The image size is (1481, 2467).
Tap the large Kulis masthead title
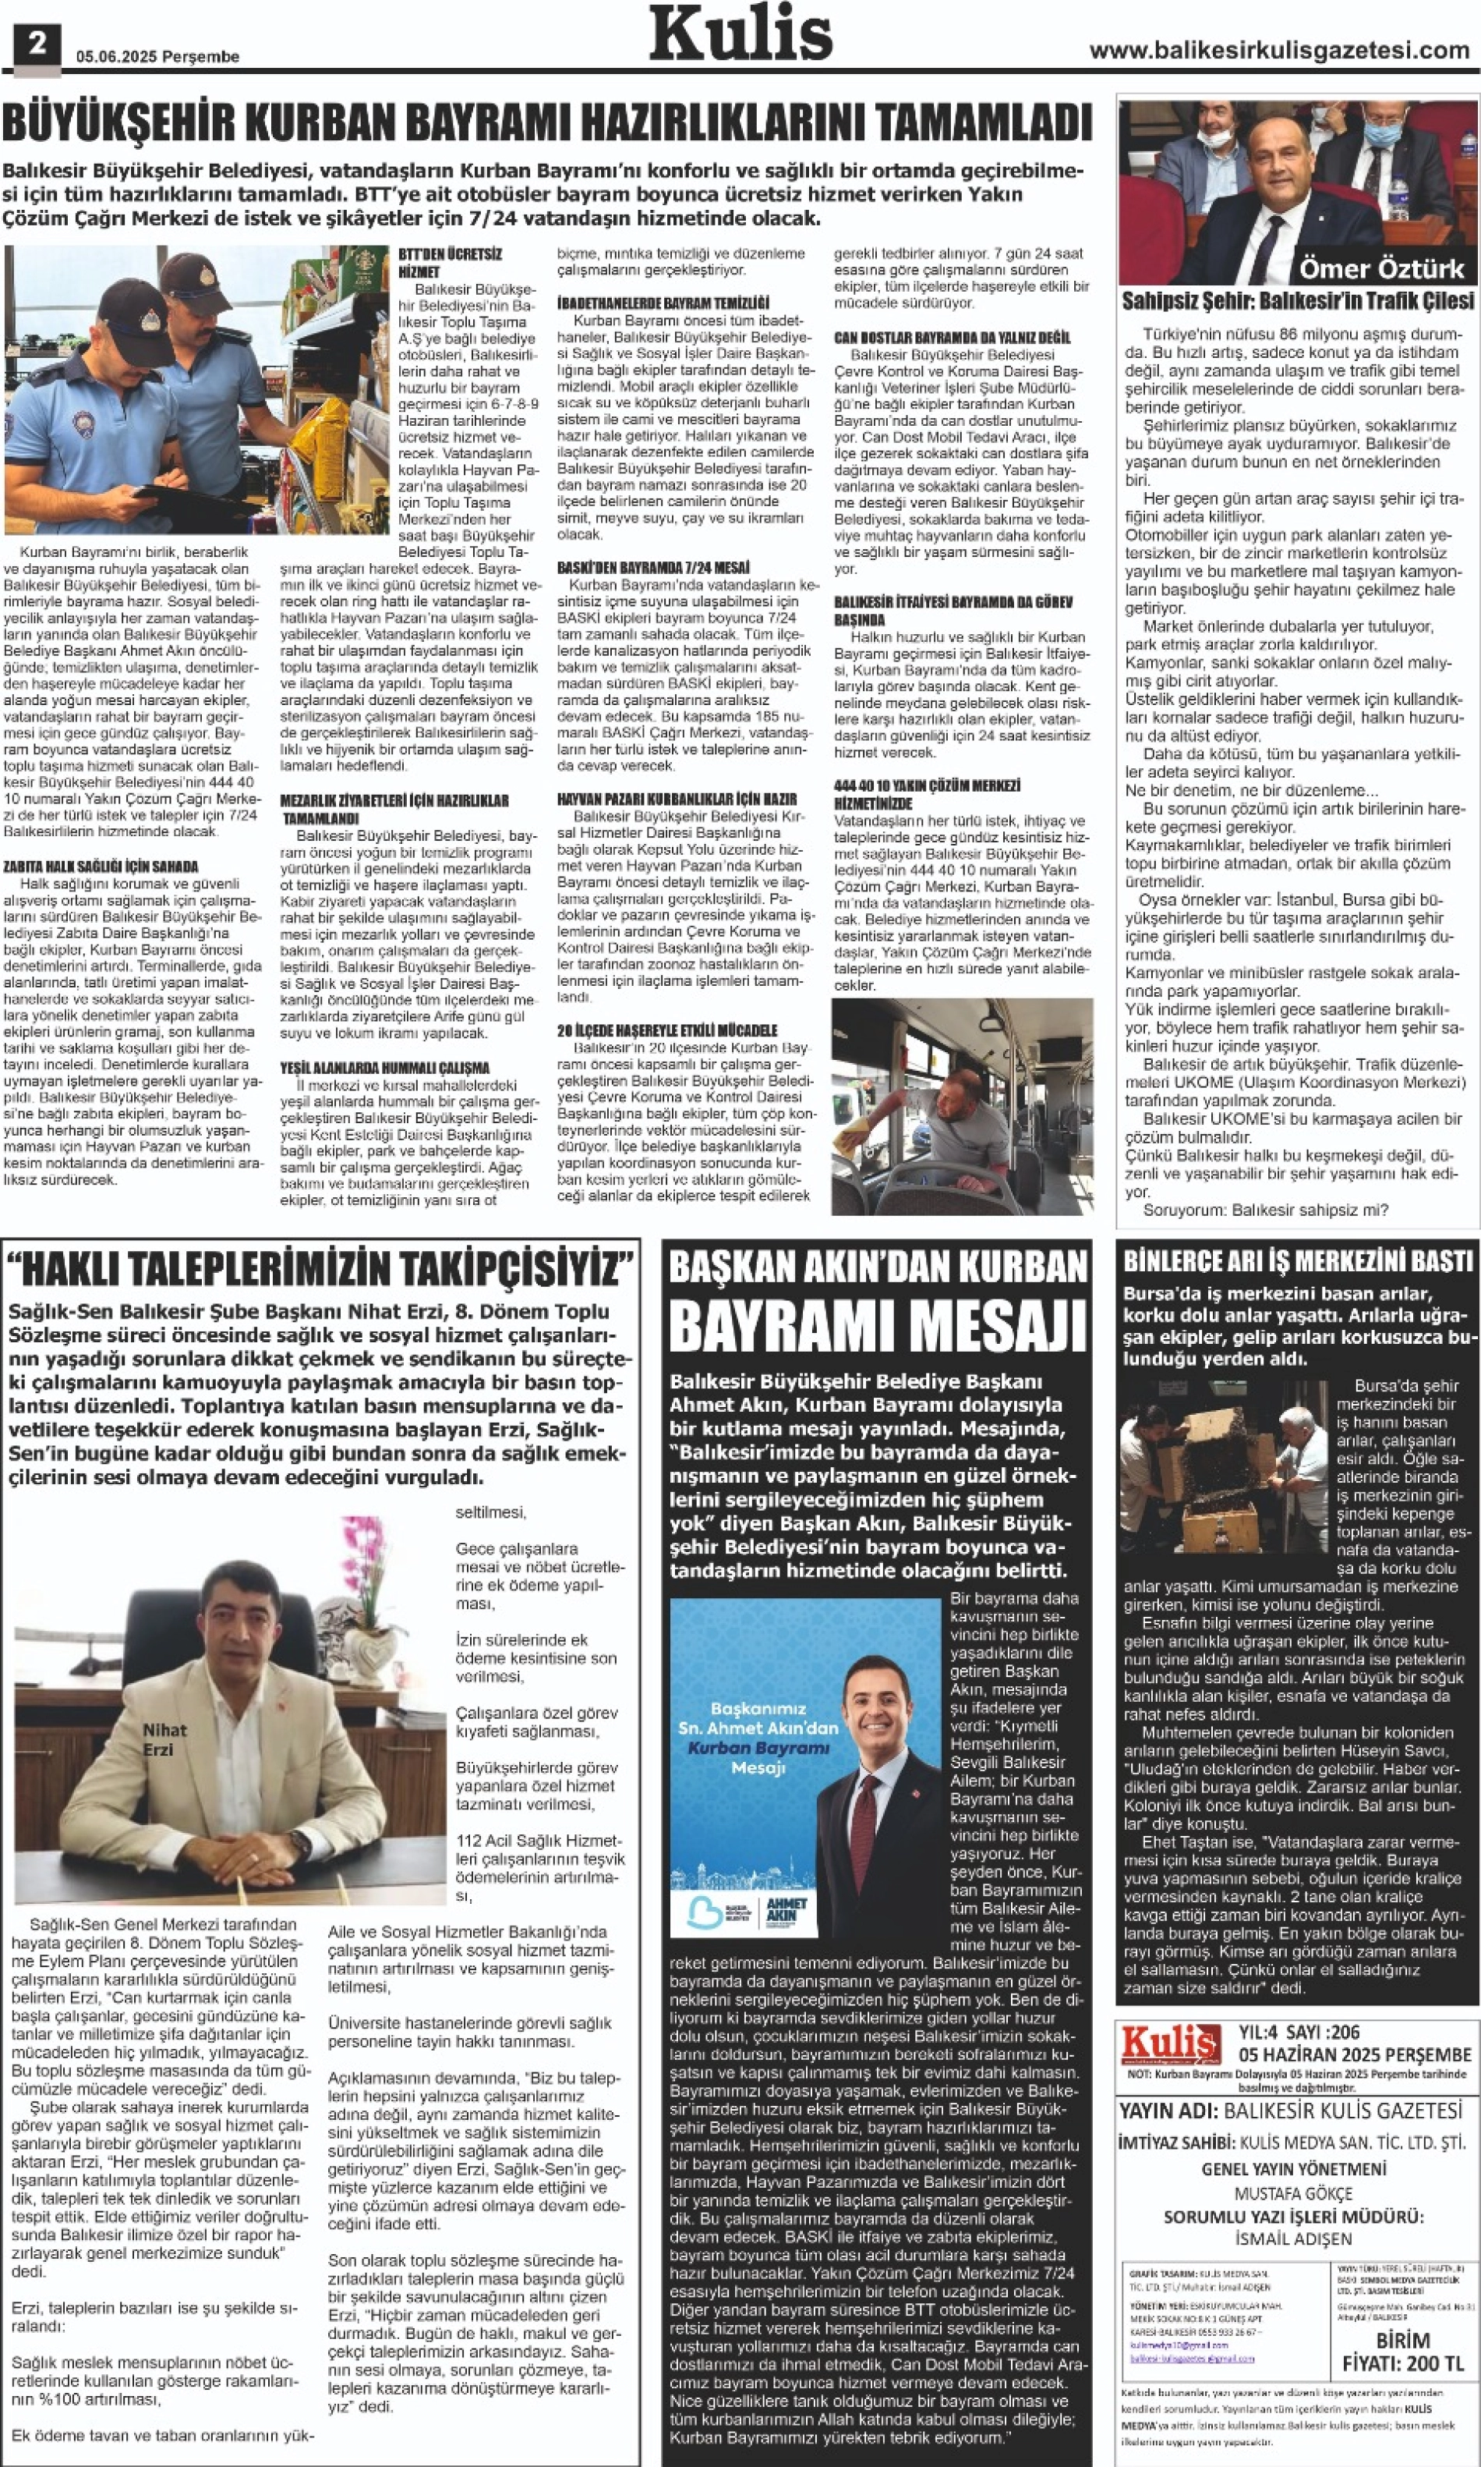(x=740, y=34)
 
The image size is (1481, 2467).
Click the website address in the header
(x=1278, y=51)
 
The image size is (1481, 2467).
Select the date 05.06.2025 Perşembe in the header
(x=157, y=57)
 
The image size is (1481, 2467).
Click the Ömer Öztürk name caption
(x=1381, y=268)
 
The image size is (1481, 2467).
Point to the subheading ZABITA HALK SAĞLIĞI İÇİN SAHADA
(x=100, y=867)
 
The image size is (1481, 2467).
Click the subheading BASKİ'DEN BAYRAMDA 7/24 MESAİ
(x=652, y=567)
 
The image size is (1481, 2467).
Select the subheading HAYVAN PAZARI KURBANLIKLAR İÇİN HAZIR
(x=677, y=799)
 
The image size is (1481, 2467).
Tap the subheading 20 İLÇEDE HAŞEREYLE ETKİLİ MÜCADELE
(x=666, y=1030)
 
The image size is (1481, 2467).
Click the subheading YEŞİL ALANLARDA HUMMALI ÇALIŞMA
(x=384, y=1067)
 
